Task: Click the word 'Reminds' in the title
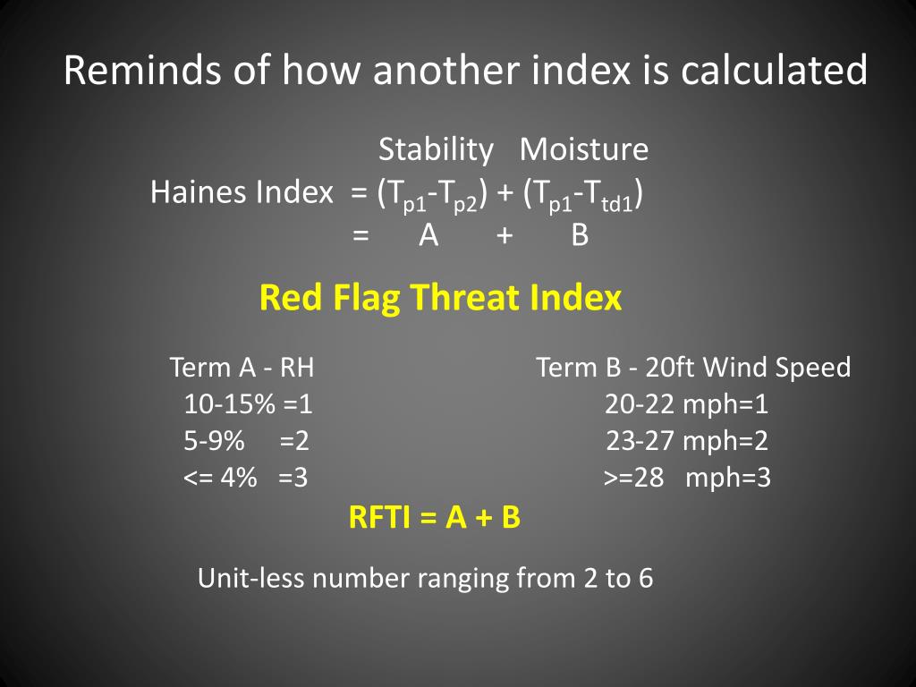143,70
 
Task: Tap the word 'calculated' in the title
774,70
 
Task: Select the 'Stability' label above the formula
436,150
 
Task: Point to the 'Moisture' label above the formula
584,149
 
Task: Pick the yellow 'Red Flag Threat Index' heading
440,298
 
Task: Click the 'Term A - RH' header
242,368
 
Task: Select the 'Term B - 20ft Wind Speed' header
693,368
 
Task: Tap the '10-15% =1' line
249,404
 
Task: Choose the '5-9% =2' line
246,441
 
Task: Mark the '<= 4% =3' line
245,478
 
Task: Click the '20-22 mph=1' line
686,405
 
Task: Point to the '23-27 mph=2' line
687,442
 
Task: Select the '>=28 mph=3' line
688,479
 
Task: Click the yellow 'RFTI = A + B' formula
434,518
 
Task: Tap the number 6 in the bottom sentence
646,579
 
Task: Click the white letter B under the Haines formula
580,235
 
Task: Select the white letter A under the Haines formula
428,235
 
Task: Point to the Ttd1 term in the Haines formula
612,196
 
